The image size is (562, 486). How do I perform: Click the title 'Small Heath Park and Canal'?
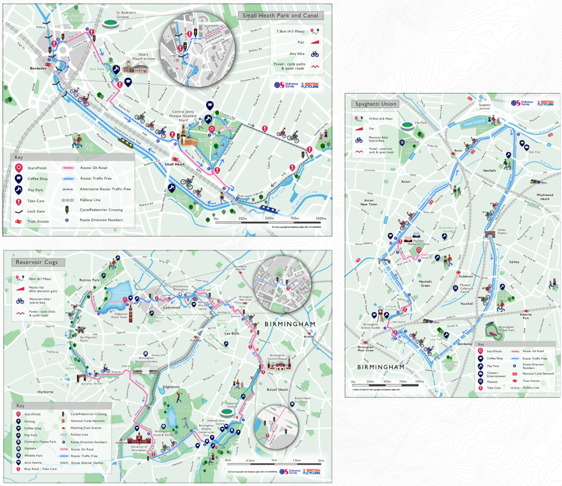coord(279,16)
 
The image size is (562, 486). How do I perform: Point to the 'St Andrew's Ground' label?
coord(127,14)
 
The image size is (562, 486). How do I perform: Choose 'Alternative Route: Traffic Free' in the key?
coord(105,189)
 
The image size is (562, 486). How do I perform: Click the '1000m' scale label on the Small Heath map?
coord(320,219)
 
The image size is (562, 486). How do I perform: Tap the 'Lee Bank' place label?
coord(231,333)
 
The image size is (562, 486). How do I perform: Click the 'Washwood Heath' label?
coord(544,196)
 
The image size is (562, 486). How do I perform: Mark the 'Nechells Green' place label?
coord(425,283)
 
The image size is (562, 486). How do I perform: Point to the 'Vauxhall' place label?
coord(467,303)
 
